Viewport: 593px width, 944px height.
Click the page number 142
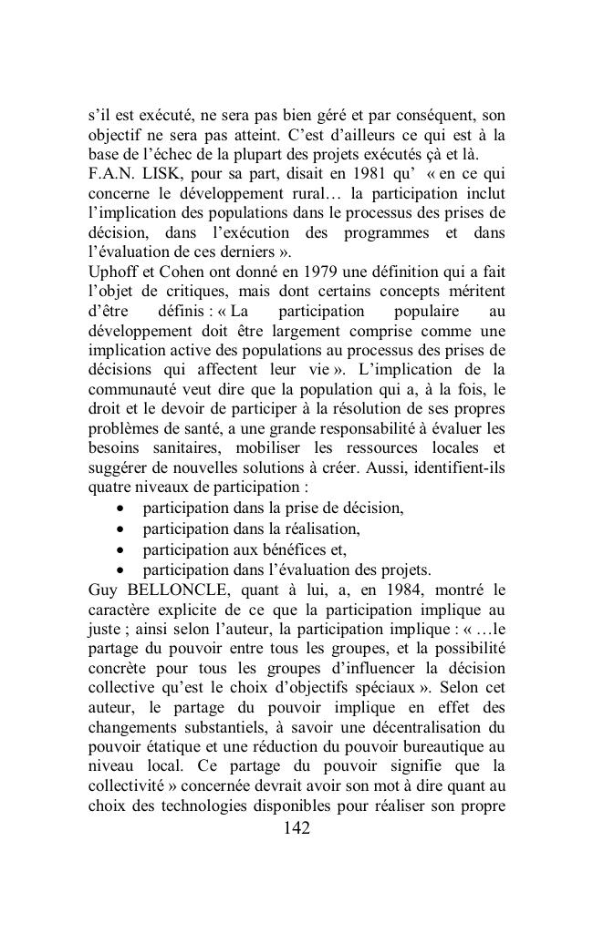click(296, 827)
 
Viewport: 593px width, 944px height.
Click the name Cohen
click(176, 272)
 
